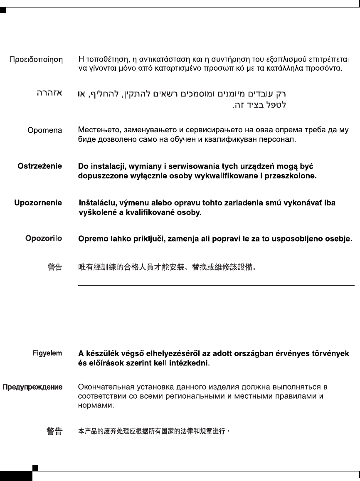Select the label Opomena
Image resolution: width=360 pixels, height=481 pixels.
tap(45, 131)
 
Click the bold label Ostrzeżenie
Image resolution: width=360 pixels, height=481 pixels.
tap(40, 166)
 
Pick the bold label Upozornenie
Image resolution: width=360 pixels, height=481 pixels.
tap(38, 203)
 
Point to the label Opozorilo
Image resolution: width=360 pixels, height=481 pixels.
tap(44, 239)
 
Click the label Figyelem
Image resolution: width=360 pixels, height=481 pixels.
tap(47, 353)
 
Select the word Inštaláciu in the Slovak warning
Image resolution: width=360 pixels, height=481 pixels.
tap(98, 203)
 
